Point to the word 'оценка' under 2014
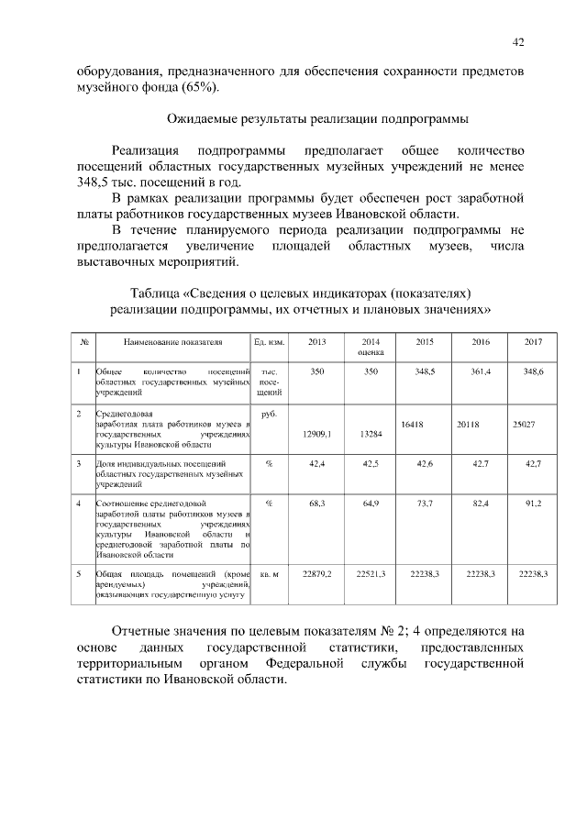click(x=371, y=351)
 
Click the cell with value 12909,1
click(x=316, y=435)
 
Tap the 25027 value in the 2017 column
click(x=523, y=425)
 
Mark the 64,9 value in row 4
click(x=371, y=504)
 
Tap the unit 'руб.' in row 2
click(x=269, y=415)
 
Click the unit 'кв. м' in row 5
click(x=269, y=573)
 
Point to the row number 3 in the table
click(x=80, y=464)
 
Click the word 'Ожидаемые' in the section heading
click(x=206, y=119)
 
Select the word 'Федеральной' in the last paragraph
click(x=311, y=664)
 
